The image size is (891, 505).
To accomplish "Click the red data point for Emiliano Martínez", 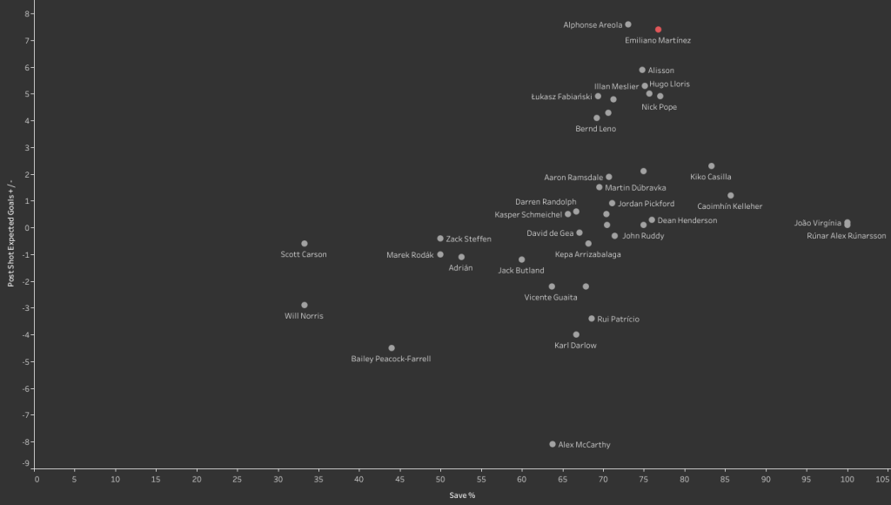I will (x=658, y=30).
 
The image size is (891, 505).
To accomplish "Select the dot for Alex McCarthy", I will (x=553, y=444).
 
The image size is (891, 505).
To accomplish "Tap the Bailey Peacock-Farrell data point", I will (x=392, y=348).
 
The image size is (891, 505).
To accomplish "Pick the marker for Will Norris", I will (x=305, y=306).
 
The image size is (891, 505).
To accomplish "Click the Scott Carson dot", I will (x=305, y=244).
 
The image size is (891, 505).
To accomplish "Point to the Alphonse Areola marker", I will (x=628, y=24).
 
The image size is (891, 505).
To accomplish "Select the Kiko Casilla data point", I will (x=711, y=166).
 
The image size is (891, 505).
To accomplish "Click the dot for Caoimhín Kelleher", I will (x=730, y=196).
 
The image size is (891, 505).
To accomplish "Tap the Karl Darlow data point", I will (x=576, y=334).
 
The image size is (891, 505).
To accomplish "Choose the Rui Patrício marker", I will (x=592, y=319).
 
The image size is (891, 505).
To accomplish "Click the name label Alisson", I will (x=660, y=71).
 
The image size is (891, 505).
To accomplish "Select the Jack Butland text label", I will (x=521, y=271).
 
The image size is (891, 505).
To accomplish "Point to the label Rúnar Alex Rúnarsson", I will (x=846, y=236).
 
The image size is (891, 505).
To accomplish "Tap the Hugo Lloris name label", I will (x=669, y=84).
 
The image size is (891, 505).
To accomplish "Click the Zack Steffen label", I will (x=468, y=239).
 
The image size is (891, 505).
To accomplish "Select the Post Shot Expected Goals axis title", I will (x=11, y=235).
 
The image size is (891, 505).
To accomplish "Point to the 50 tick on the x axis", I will (x=440, y=478).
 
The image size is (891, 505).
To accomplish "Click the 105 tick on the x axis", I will (x=882, y=478).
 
